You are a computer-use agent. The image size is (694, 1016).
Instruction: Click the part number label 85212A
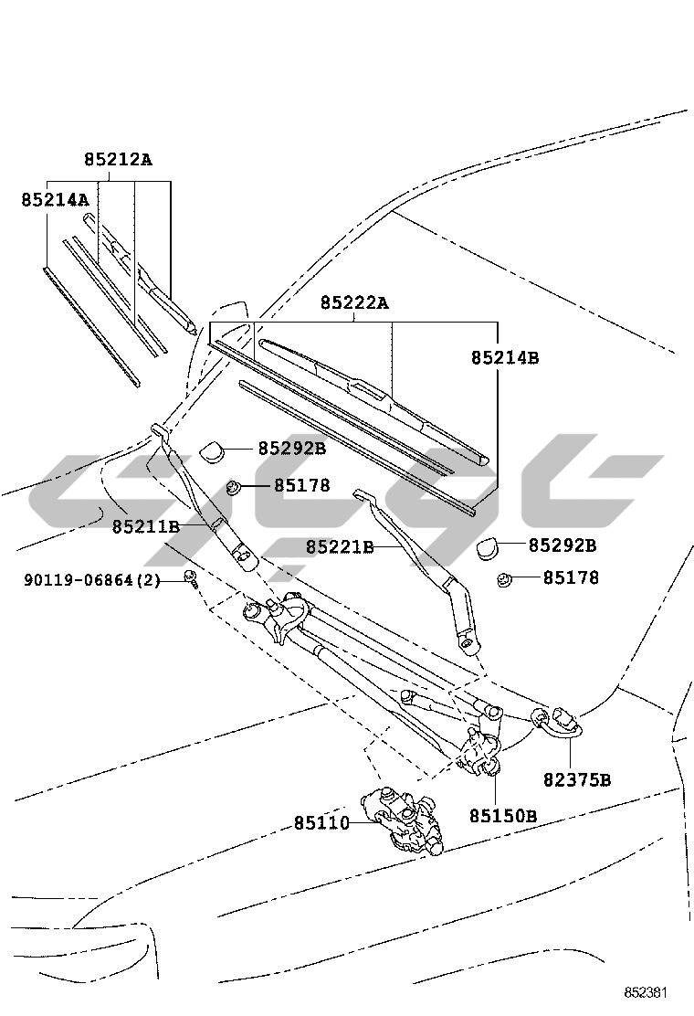click(118, 159)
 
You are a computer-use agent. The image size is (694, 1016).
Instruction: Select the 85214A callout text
click(55, 198)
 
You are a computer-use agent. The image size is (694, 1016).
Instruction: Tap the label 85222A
click(353, 302)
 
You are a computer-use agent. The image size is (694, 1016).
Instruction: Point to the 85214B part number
click(505, 358)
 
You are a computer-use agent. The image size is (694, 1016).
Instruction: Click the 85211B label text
click(146, 527)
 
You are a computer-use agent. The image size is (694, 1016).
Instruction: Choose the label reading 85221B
click(340, 546)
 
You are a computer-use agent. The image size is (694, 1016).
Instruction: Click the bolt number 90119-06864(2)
click(92, 580)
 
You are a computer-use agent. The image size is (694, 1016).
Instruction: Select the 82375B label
click(577, 779)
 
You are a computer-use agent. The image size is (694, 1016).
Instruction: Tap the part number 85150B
click(503, 815)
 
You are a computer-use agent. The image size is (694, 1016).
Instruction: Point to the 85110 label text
click(321, 823)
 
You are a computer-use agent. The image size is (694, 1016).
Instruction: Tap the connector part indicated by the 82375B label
click(560, 721)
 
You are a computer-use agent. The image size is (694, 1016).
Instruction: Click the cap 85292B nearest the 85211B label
click(215, 450)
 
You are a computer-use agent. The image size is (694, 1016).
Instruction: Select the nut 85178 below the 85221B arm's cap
click(503, 579)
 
